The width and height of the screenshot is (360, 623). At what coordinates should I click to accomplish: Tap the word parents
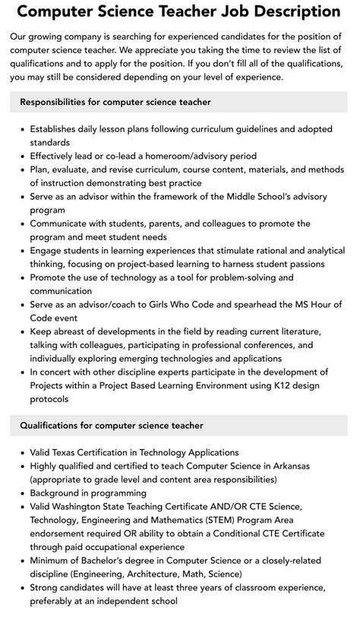coord(180,223)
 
